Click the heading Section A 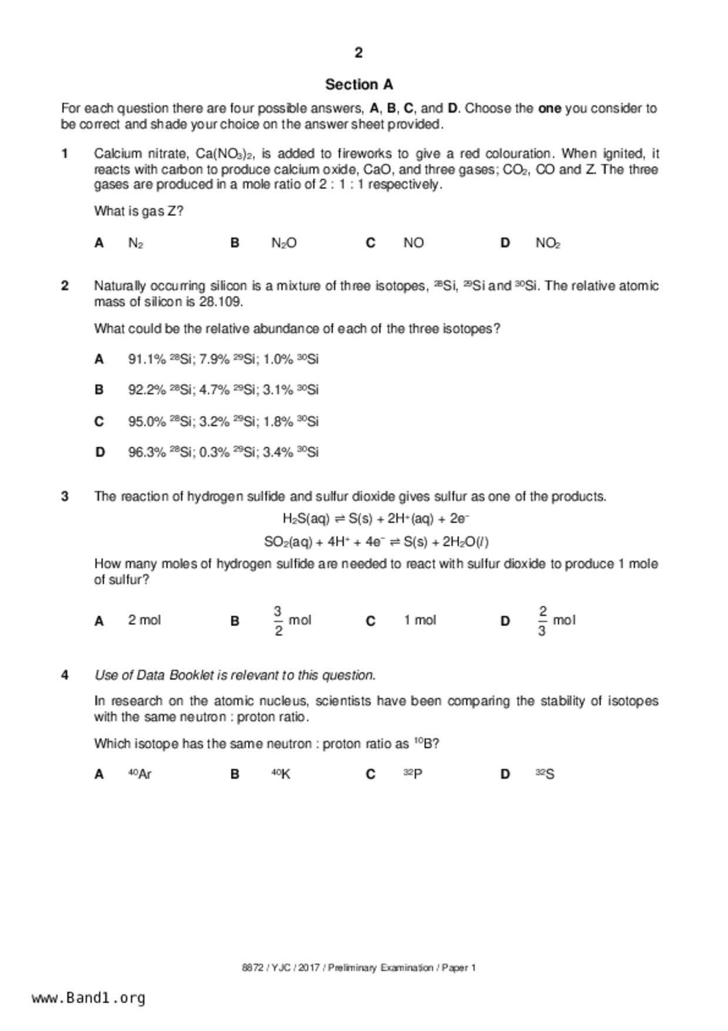click(359, 85)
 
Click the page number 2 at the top click(358, 53)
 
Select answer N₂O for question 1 click(284, 243)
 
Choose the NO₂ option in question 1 click(548, 243)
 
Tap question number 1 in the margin click(65, 154)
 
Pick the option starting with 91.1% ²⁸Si click(223, 359)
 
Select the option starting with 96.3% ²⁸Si click(223, 452)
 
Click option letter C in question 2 click(99, 421)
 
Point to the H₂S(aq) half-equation click(376, 518)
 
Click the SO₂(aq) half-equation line click(376, 541)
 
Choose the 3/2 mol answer click(292, 621)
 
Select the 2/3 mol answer click(556, 621)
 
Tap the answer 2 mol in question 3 click(145, 620)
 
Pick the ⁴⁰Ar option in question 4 click(140, 774)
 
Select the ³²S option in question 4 click(545, 774)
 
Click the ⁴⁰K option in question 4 click(281, 774)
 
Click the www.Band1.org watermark click(89, 997)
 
